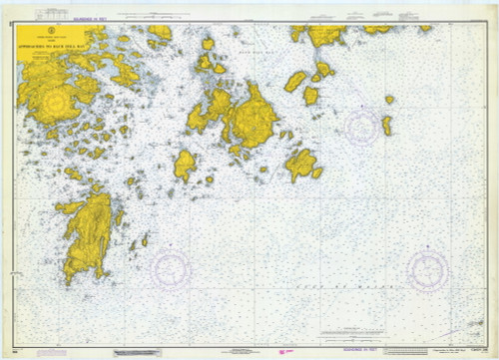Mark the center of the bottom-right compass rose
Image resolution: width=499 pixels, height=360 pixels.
[427, 269]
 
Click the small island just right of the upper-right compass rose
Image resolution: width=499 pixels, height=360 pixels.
[386, 125]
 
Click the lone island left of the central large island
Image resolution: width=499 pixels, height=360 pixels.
[185, 165]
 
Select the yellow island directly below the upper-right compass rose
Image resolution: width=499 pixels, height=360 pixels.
[301, 164]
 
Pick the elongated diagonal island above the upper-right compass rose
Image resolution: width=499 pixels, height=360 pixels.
[295, 82]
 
